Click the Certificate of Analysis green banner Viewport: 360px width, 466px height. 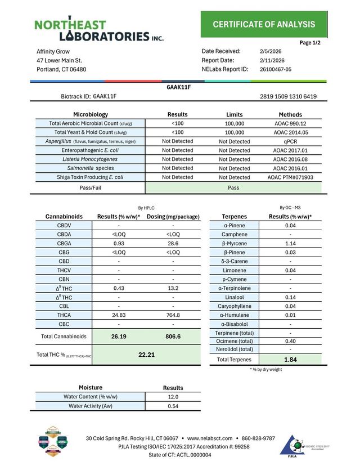pos(264,24)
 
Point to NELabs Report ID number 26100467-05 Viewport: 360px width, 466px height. pos(276,69)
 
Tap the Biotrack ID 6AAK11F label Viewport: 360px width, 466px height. pos(89,96)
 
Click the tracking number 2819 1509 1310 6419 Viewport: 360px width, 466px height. pos(288,96)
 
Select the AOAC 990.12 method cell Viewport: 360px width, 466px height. pos(290,123)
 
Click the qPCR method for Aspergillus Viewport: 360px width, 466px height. pos(290,141)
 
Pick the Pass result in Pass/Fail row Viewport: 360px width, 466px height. pos(234,187)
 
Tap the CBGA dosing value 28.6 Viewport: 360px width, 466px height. pos(173,243)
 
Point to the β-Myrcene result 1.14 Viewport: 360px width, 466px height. pos(290,243)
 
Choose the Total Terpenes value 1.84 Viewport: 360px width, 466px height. pos(290,359)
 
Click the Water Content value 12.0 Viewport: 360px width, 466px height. pos(173,397)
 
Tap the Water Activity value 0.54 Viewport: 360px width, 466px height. pos(173,406)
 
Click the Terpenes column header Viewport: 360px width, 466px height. pos(235,216)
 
